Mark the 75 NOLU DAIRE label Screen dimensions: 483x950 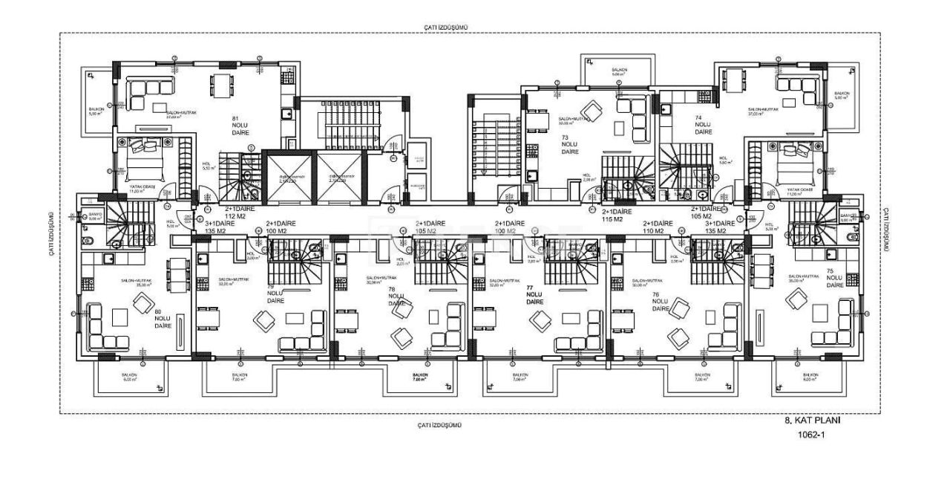coord(834,278)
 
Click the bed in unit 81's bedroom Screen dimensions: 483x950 coord(145,155)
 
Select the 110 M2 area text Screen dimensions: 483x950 coord(656,231)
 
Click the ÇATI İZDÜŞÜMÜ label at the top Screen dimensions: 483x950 coord(446,27)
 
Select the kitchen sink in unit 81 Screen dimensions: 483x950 coord(286,114)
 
